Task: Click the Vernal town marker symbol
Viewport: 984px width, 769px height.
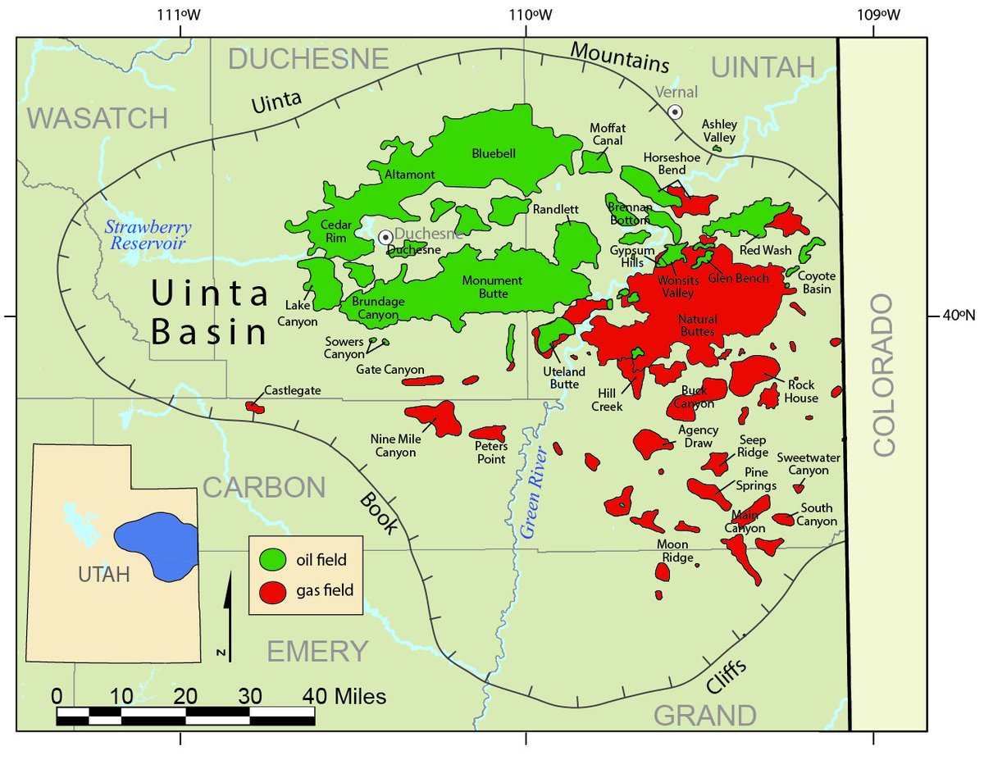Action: pyautogui.click(x=675, y=111)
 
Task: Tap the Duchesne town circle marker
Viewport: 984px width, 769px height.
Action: pyautogui.click(x=385, y=237)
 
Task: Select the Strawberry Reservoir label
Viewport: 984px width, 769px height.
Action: pyautogui.click(x=148, y=234)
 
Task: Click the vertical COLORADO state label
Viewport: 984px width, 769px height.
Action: pyautogui.click(x=886, y=376)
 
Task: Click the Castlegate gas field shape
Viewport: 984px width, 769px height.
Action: pyautogui.click(x=254, y=406)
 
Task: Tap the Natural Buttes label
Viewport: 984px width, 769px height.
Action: pyautogui.click(x=697, y=325)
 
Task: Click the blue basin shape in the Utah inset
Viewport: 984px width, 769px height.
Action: pyautogui.click(x=156, y=546)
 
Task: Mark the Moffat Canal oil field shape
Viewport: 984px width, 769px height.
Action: pyautogui.click(x=595, y=162)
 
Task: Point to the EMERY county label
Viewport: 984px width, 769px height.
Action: pyautogui.click(x=317, y=651)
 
